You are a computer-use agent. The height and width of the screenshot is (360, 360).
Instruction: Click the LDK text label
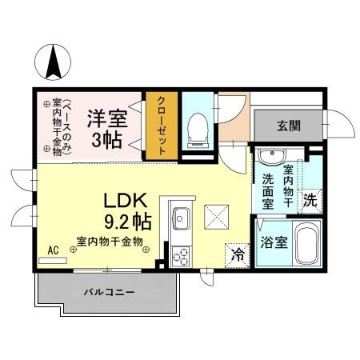click(x=126, y=200)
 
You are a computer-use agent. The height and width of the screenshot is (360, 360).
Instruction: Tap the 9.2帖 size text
click(x=125, y=219)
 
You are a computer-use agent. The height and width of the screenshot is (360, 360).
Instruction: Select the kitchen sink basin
click(x=181, y=216)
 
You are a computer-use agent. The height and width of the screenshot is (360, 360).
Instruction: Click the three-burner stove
click(x=181, y=256)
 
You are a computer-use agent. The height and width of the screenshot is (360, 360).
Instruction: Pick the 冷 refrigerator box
click(x=238, y=254)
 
